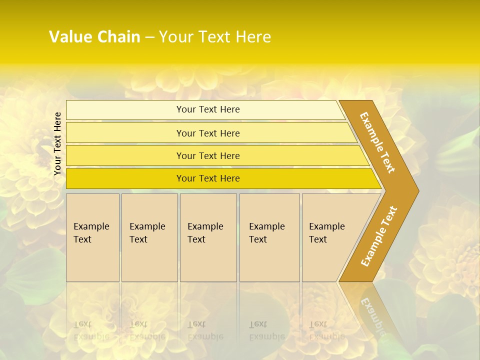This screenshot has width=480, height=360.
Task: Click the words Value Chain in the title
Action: [94, 37]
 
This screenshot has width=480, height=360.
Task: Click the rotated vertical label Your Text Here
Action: [57, 143]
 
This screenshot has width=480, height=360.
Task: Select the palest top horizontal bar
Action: [125, 110]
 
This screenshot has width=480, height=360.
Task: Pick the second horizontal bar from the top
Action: [125, 133]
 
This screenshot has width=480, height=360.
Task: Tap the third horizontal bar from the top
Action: [125, 155]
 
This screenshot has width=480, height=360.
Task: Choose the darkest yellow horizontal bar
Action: [125, 178]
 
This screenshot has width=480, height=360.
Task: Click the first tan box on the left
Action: [92, 260]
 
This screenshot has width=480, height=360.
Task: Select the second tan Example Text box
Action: [149, 260]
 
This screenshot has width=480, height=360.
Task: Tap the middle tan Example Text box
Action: [208, 260]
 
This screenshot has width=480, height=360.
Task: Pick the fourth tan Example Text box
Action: [269, 260]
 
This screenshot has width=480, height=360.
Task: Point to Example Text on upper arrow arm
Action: [377, 142]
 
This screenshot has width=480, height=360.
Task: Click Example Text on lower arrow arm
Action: [379, 236]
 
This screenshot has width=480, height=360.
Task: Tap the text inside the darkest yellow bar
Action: [208, 178]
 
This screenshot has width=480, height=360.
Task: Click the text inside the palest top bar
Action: [208, 109]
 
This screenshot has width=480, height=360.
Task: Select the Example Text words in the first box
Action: [91, 232]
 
